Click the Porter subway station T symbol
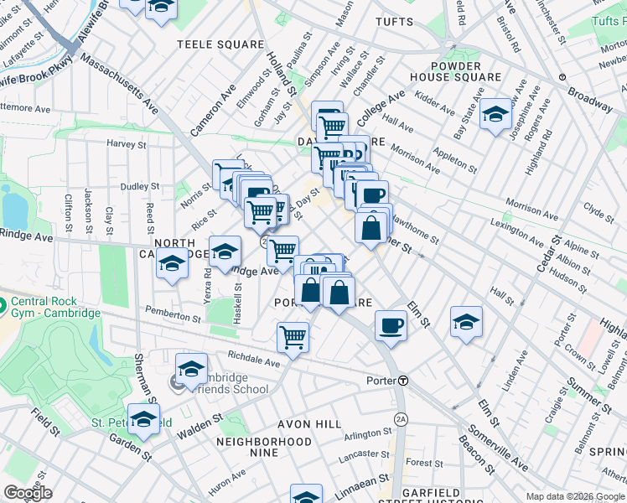point(403,380)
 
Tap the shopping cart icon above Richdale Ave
point(293,337)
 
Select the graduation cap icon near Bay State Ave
point(495,114)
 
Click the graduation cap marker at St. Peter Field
point(144,419)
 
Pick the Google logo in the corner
point(28,493)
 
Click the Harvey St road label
point(127,143)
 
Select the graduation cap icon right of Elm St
point(466,321)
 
